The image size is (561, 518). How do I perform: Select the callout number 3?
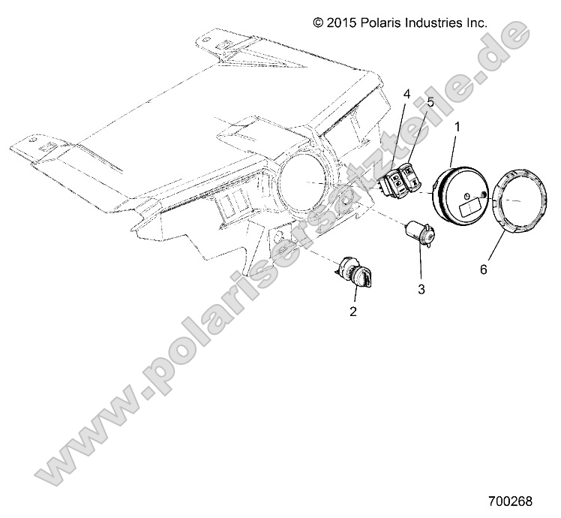tap(421, 287)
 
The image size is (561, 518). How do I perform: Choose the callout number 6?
tap(483, 268)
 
